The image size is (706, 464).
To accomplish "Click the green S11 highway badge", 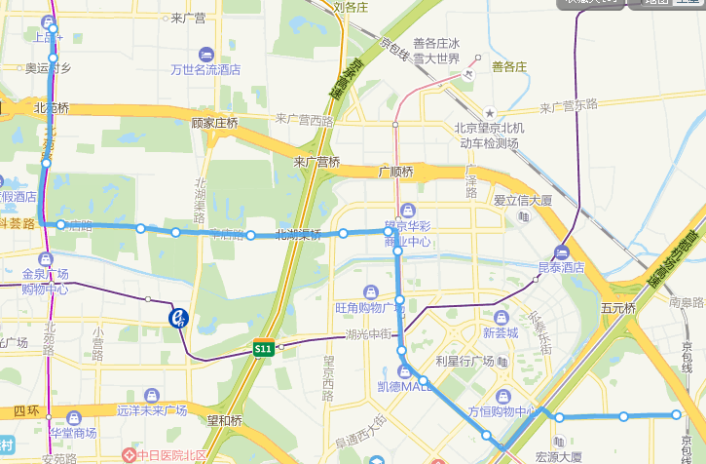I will click(262, 348).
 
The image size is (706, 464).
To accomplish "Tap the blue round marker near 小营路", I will click(178, 317).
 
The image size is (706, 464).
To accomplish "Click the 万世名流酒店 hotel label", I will click(205, 69).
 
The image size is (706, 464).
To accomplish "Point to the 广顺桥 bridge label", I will click(396, 172).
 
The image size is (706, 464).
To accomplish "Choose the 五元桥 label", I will click(617, 308).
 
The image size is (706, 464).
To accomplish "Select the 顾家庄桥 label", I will click(215, 123).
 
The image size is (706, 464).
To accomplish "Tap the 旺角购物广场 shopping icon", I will click(370, 291).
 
